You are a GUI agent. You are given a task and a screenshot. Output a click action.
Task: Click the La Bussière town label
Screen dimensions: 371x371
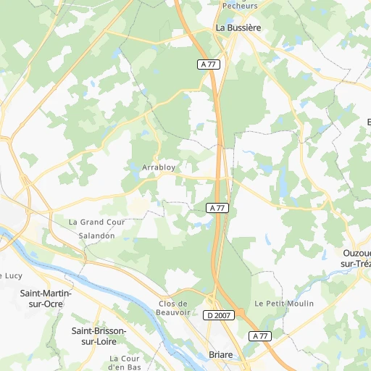click(x=238, y=28)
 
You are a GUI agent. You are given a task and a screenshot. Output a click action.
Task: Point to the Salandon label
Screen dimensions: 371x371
click(x=96, y=236)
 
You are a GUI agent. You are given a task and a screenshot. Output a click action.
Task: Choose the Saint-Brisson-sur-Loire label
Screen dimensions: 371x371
click(x=99, y=335)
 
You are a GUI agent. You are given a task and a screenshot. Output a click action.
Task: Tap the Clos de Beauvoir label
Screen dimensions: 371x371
click(x=173, y=307)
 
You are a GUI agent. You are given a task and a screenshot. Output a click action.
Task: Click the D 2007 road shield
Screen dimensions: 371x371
click(x=218, y=315)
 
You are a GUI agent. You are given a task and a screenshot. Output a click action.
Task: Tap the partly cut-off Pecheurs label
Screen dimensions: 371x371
click(x=240, y=5)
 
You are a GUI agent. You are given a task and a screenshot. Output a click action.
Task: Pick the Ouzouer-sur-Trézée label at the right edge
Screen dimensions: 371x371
click(x=356, y=259)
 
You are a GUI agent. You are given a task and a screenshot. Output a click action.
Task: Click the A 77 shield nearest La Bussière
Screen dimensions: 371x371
click(x=209, y=64)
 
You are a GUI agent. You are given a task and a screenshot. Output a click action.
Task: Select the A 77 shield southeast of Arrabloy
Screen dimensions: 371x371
click(x=217, y=208)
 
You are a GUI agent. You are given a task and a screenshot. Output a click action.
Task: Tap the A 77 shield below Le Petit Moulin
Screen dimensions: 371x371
click(x=261, y=336)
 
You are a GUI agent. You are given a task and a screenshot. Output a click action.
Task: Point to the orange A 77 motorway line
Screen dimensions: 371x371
click(x=216, y=130)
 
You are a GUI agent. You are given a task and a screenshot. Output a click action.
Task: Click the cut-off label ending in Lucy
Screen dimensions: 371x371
click(x=12, y=275)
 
